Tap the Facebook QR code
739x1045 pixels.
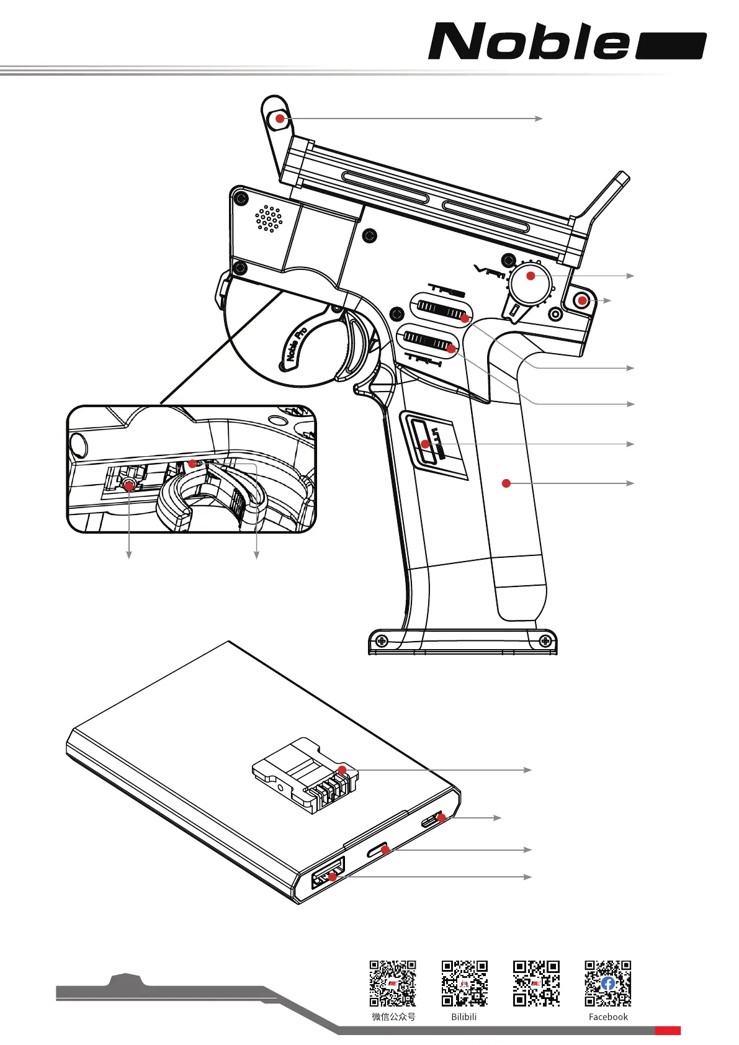point(607,983)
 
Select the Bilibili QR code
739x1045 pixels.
point(464,983)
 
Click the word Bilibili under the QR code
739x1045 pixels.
point(464,1016)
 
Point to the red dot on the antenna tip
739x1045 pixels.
point(280,118)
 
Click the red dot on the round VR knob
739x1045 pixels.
point(531,276)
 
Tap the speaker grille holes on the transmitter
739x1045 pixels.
point(269,218)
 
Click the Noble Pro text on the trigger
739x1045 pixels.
point(297,344)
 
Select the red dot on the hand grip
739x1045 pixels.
point(506,483)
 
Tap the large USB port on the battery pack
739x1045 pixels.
point(327,874)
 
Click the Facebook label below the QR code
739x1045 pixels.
point(608,1016)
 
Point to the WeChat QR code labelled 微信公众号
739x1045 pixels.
point(393,983)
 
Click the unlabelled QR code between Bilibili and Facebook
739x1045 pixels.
point(536,983)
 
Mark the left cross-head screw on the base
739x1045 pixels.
point(382,640)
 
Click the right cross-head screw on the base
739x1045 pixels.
point(546,640)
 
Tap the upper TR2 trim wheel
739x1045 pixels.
point(441,310)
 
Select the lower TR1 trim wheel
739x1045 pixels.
point(428,341)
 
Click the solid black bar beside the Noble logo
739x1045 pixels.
point(671,46)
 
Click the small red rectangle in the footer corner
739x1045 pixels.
point(668,1031)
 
